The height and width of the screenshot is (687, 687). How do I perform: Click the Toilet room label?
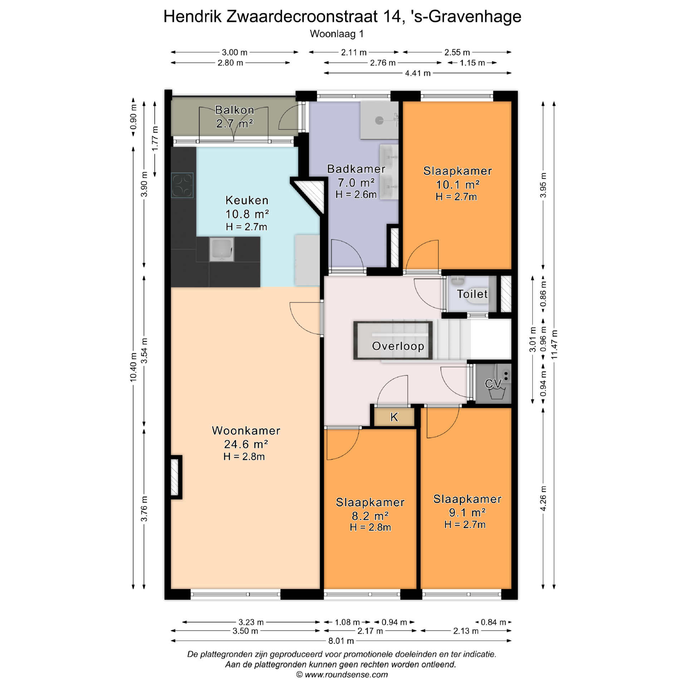click(472, 294)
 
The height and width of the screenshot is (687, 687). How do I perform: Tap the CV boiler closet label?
click(493, 384)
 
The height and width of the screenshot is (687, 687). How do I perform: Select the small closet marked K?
click(394, 417)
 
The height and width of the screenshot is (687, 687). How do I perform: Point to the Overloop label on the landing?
click(398, 346)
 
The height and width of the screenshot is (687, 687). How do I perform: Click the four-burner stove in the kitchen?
click(182, 185)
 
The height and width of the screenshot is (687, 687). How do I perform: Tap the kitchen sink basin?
click(221, 249)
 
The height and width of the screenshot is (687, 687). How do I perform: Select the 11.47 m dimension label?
click(554, 344)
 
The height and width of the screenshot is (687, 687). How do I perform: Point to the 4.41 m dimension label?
click(418, 73)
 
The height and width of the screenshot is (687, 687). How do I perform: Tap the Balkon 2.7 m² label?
click(235, 117)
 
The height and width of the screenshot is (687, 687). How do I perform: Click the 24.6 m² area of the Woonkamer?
click(246, 444)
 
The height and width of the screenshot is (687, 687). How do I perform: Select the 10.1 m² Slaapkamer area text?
click(458, 185)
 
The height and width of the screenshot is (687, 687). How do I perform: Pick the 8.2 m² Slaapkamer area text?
click(370, 516)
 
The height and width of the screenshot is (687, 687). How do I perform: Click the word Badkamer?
click(356, 169)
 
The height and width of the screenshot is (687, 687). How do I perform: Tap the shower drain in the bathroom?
click(379, 121)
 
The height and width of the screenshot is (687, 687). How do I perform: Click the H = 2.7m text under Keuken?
click(246, 227)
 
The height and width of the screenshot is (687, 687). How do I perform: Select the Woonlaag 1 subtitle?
click(337, 34)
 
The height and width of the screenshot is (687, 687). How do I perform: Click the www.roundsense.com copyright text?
click(342, 675)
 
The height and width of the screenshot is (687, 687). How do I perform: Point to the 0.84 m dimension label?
click(493, 622)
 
